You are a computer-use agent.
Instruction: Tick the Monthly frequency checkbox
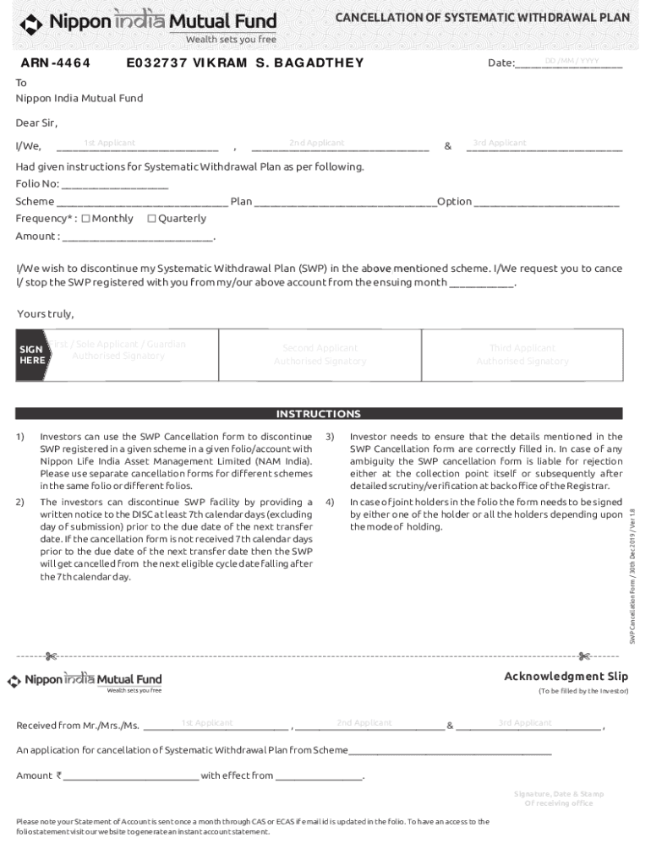point(85,219)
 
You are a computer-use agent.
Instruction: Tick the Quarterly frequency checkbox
point(152,219)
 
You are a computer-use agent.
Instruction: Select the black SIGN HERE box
point(32,355)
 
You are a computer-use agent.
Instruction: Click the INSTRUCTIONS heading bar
point(319,414)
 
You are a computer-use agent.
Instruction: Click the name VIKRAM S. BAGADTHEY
point(279,63)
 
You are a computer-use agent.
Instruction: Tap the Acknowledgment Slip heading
point(566,676)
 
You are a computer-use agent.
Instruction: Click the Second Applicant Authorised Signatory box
point(320,355)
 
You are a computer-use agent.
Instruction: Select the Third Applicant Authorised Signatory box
point(522,355)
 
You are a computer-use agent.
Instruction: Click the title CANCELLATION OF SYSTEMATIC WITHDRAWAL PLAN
point(483,19)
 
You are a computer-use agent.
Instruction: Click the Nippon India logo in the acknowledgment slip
point(85,681)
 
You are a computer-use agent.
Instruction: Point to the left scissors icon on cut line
point(52,656)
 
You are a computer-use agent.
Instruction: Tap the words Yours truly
point(46,314)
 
